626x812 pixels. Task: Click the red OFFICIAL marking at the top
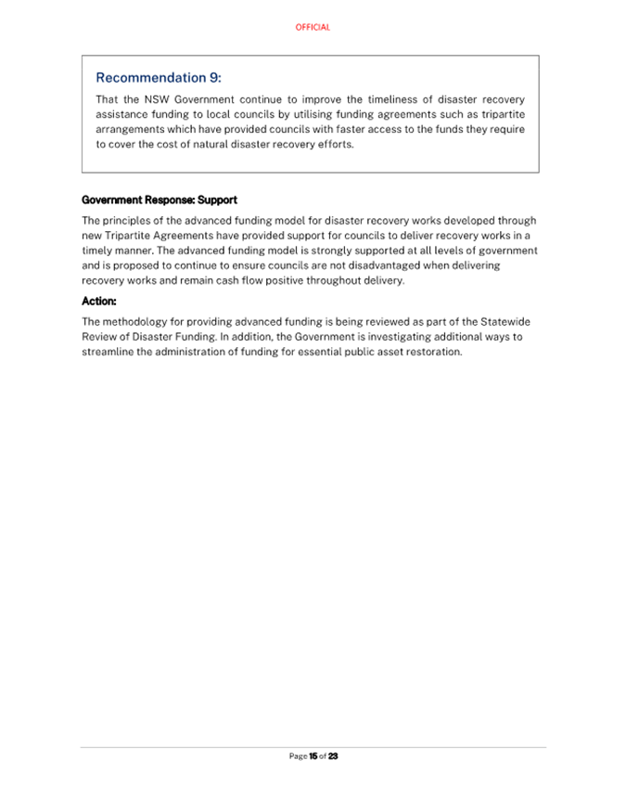click(313, 28)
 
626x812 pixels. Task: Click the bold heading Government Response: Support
click(160, 200)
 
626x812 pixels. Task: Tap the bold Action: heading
click(99, 301)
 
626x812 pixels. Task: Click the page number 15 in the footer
click(313, 756)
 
